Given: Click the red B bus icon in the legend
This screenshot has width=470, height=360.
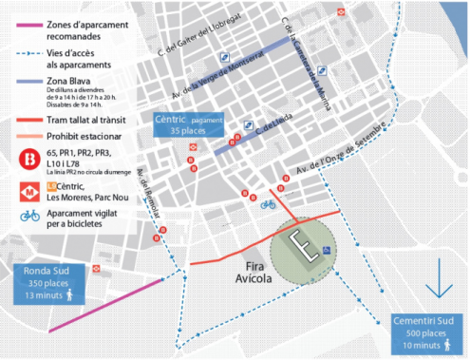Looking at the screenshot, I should pyautogui.click(x=28, y=159).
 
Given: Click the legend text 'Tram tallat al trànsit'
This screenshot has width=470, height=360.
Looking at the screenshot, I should pyautogui.click(x=88, y=121).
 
